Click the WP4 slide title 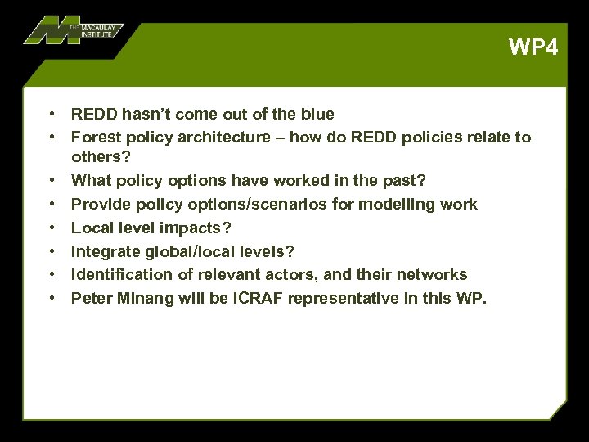pyautogui.click(x=533, y=47)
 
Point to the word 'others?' pyautogui.click(x=101, y=156)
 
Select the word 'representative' pyautogui.click(x=334, y=298)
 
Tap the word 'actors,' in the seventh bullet pyautogui.click(x=315, y=274)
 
